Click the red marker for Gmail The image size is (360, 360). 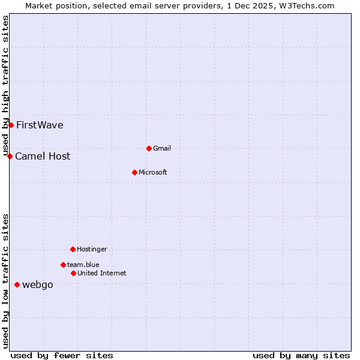(149, 148)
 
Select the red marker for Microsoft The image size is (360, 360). (135, 172)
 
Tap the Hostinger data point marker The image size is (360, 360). (73, 249)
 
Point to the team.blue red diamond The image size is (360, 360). (63, 265)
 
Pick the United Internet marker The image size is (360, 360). (73, 273)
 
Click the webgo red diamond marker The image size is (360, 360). (17, 284)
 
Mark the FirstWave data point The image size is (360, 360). (11, 125)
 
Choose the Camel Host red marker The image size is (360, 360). (10, 156)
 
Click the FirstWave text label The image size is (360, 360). (40, 125)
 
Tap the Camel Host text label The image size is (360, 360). (43, 157)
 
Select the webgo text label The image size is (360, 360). (37, 285)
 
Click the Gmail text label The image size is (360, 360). (162, 149)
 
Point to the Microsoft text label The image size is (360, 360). (153, 173)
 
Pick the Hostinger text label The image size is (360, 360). (92, 250)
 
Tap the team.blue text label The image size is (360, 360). (83, 265)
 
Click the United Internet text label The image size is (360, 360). (102, 274)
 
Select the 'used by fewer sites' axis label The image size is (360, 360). (62, 356)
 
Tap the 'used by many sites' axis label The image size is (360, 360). (301, 356)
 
